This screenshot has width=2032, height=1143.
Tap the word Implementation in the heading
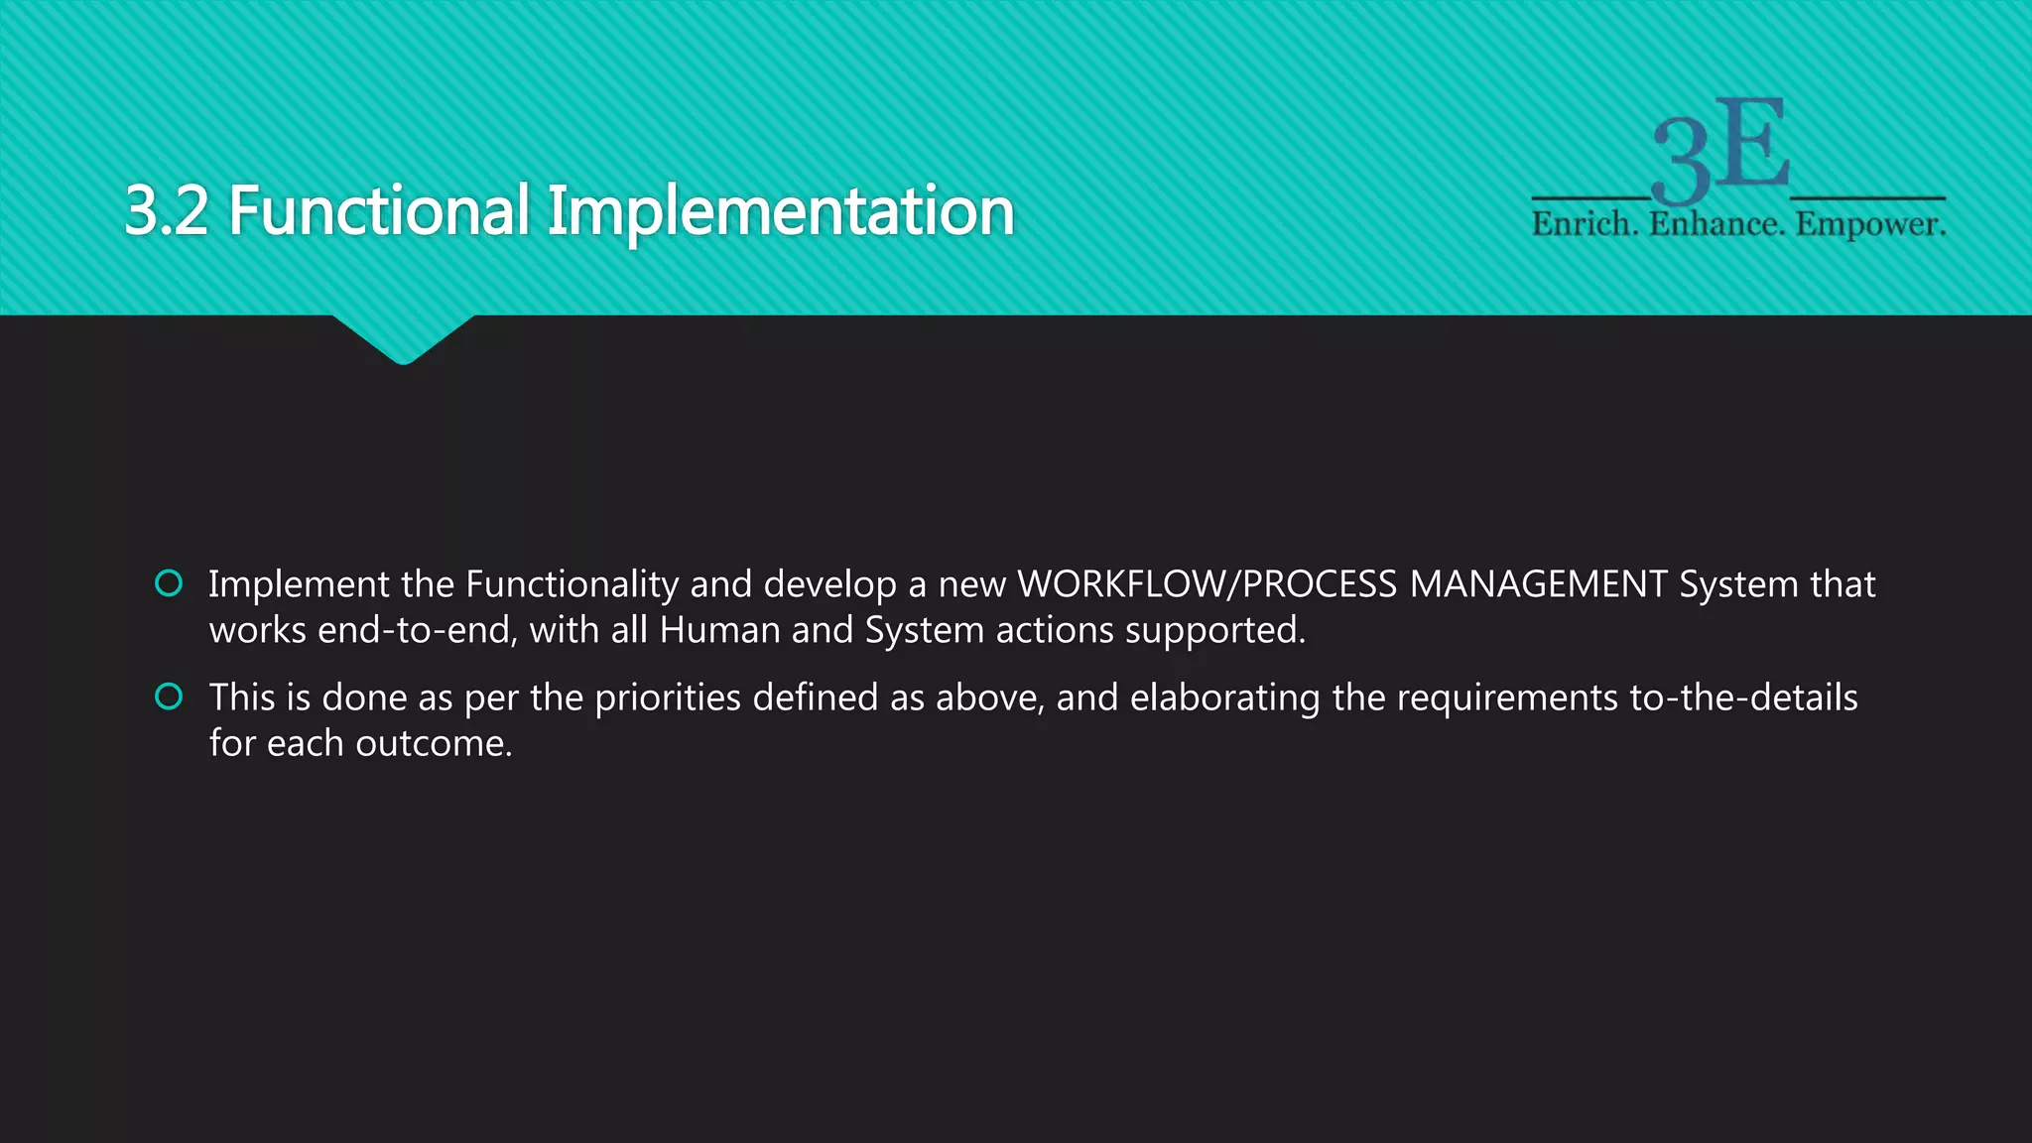click(x=780, y=212)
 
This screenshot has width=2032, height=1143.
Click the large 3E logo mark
click(x=1720, y=149)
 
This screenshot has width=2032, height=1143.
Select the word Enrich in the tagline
click(x=1584, y=224)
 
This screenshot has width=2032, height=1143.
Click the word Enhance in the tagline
click(x=1716, y=224)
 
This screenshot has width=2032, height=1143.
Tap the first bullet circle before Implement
click(x=169, y=583)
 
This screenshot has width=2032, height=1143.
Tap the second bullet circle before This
click(x=169, y=697)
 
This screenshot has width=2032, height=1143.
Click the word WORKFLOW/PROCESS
click(x=1206, y=584)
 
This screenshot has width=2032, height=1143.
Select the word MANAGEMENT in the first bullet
click(x=1539, y=584)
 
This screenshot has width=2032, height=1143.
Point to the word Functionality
click(x=571, y=585)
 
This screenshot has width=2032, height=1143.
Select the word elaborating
click(x=1224, y=698)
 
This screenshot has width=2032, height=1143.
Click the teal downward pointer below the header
click(x=403, y=337)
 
